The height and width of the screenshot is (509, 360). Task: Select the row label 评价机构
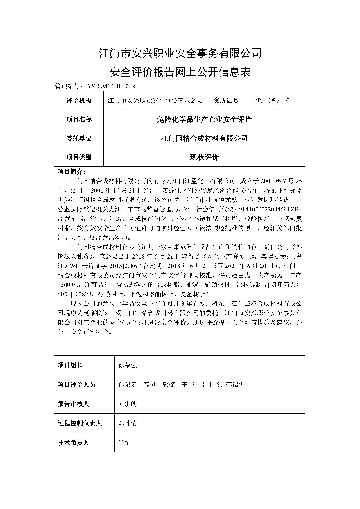tap(79, 100)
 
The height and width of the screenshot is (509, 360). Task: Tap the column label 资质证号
tap(226, 100)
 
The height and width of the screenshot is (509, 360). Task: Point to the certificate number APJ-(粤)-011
tap(275, 100)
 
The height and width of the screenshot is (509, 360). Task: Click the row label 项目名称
tap(79, 119)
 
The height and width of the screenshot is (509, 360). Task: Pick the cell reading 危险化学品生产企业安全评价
tap(204, 119)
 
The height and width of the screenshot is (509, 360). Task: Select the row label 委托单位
tap(79, 138)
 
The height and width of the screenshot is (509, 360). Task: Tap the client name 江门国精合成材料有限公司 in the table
tap(204, 138)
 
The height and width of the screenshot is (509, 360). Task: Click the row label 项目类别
tap(79, 157)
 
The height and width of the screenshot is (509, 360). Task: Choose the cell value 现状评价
tap(204, 157)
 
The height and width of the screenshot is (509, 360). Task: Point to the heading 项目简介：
tap(71, 171)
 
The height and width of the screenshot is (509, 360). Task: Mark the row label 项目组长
tap(70, 365)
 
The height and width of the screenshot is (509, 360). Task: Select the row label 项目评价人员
tap(76, 384)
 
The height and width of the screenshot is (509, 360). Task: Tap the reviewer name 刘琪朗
tap(127, 404)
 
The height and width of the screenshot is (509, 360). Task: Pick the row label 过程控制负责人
tap(80, 423)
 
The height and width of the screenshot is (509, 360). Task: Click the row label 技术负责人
tap(73, 443)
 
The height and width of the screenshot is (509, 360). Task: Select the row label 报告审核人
tap(73, 404)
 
